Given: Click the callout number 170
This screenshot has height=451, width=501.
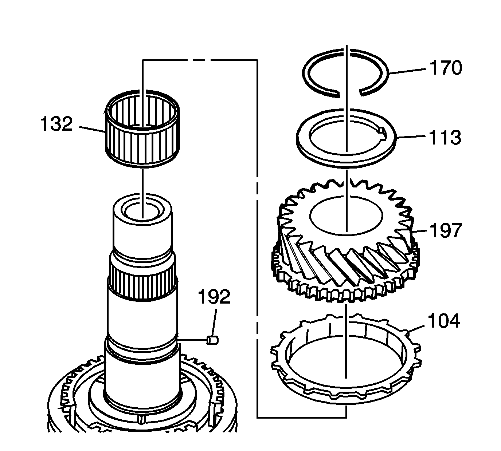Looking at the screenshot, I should tap(445, 68).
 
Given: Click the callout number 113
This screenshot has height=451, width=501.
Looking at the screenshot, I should tap(445, 138).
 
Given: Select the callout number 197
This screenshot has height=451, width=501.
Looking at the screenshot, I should tap(445, 231).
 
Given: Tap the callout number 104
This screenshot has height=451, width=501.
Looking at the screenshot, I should tap(444, 321).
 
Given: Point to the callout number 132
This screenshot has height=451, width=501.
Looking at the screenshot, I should tap(56, 124).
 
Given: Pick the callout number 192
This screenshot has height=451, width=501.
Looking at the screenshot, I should tap(214, 297).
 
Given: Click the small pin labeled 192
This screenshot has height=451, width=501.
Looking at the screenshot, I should tap(212, 340).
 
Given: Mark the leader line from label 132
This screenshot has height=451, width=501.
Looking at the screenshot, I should tap(91, 129).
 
